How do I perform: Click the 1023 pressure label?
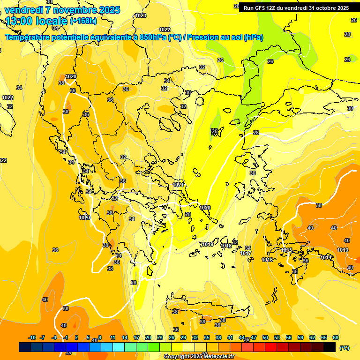point(141,15)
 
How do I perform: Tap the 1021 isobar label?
point(178,185)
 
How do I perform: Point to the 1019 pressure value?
point(208,244)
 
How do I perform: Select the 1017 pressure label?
point(246,253)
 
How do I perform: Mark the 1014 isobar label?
point(326,257)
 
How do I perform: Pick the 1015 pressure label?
point(286,250)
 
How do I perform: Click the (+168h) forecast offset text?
point(83,21)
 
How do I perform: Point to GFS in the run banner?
point(261,8)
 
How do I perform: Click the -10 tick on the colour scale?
point(32,337)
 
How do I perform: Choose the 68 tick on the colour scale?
point(336,337)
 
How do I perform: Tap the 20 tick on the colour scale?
point(148,337)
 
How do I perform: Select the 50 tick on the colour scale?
point(265,337)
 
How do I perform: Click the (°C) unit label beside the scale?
point(344,348)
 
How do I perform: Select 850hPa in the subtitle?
point(152,37)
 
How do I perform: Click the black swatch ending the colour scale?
point(330,347)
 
